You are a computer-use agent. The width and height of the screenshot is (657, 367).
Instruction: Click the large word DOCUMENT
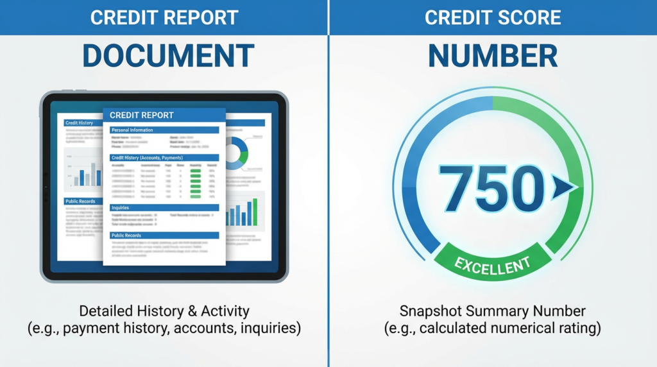click(x=168, y=56)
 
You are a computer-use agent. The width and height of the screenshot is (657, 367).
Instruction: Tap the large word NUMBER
click(x=493, y=56)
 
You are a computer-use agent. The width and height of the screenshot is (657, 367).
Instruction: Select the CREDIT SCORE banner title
click(x=493, y=17)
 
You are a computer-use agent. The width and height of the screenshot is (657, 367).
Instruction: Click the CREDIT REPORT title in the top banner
click(x=164, y=17)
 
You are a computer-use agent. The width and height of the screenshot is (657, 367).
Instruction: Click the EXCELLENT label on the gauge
click(x=493, y=262)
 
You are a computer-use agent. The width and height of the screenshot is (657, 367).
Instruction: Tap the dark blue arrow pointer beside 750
click(x=563, y=187)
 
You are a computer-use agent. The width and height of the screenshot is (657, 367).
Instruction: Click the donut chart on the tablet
click(x=237, y=153)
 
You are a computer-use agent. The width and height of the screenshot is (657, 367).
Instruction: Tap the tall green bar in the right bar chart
click(x=255, y=212)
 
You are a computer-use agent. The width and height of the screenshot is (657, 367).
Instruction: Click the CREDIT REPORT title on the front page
click(x=142, y=115)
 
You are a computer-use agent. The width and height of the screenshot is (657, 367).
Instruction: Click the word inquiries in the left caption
click(x=269, y=329)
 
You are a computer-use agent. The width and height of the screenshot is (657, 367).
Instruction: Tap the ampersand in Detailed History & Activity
click(x=191, y=312)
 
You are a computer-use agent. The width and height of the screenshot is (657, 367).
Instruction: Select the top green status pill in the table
click(x=196, y=171)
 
